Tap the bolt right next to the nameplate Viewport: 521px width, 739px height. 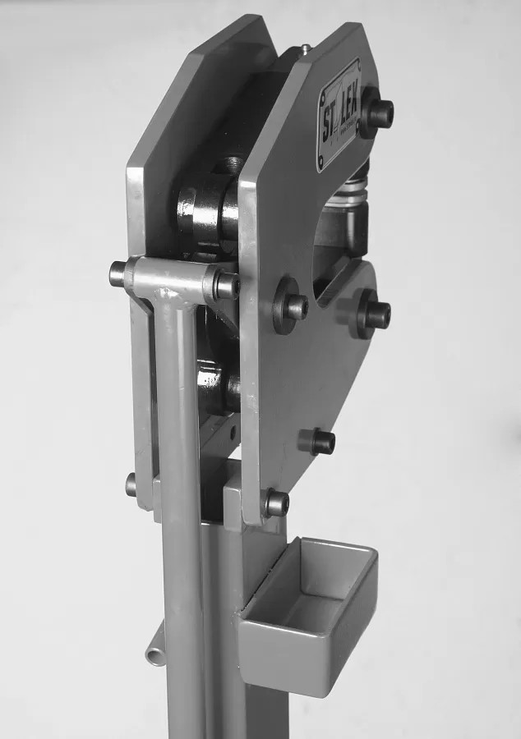377,113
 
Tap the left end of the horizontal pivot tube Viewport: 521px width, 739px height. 118,273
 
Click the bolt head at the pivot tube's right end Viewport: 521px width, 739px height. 226,285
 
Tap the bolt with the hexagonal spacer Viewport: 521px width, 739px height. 319,441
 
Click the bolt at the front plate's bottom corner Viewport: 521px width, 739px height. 275,503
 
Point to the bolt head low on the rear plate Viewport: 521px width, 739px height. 131,484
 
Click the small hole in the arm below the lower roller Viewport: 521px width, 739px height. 233,428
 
